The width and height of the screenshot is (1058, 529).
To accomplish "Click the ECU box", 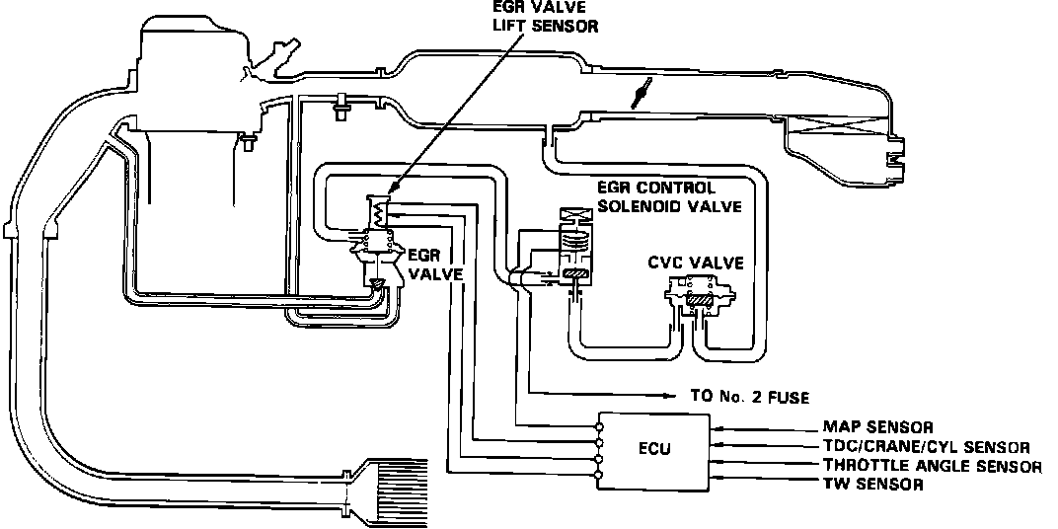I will pyautogui.click(x=653, y=452).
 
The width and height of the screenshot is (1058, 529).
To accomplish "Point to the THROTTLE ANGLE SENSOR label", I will pyautogui.click(x=931, y=466).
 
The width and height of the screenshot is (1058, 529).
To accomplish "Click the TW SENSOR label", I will pyautogui.click(x=872, y=485).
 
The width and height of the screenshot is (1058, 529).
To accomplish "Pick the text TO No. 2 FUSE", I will pyautogui.click(x=749, y=398).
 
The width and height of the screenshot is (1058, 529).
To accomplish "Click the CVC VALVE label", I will pyautogui.click(x=696, y=263).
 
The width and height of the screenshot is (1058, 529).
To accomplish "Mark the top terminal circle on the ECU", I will pyautogui.click(x=599, y=427).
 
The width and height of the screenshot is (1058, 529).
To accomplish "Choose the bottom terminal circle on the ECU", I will pyautogui.click(x=599, y=478).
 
